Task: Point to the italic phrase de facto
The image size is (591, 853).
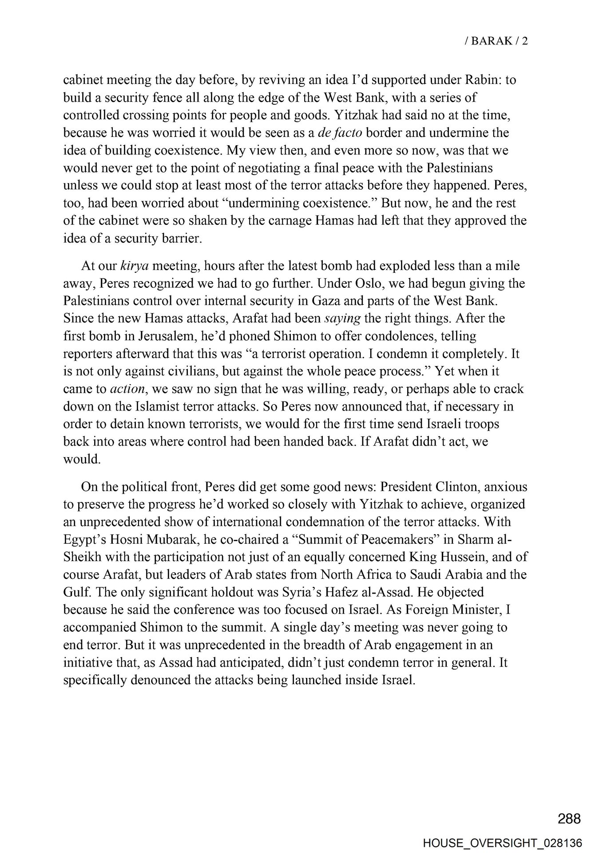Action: tap(339, 133)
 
